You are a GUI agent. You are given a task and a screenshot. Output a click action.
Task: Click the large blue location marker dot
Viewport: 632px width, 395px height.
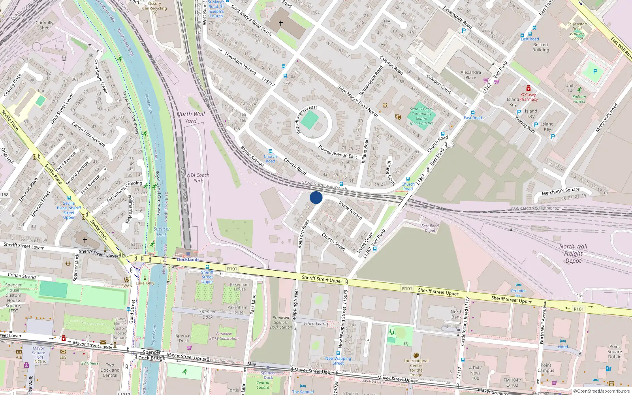point(316,197)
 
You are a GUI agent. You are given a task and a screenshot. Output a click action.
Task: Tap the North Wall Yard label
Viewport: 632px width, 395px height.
point(191,117)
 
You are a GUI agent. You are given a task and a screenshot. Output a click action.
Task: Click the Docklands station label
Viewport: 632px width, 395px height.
point(188,260)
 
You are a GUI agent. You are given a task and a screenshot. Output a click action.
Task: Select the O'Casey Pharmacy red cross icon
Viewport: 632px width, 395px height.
point(528,88)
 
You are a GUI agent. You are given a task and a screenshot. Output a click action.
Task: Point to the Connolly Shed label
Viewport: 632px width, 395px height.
point(44,25)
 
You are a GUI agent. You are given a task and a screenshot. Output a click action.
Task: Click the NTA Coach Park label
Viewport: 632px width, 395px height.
point(198,178)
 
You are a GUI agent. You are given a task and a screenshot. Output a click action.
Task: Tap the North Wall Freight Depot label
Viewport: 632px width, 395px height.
point(573,253)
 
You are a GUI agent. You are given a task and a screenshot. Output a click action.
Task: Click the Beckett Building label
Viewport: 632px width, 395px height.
point(540,47)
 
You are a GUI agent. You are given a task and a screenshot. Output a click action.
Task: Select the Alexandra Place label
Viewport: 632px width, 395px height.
point(470,75)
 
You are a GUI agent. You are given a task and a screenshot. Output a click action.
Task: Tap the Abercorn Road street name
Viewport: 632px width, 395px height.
point(303,234)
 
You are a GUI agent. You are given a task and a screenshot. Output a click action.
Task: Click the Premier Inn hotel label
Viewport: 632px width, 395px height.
point(518,293)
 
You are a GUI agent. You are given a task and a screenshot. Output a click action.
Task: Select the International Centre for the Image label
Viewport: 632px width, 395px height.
point(416,368)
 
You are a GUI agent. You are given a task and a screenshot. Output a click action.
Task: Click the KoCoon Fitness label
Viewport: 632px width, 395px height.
point(579,99)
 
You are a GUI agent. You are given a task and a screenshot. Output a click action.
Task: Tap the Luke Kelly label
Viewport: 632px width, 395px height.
point(145,283)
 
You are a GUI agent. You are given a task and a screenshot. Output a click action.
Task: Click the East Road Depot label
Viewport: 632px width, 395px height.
point(430,228)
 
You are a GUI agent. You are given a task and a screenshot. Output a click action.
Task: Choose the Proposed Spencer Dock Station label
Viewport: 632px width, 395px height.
point(281,322)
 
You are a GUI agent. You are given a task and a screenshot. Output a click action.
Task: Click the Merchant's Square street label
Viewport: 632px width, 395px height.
point(561,191)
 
